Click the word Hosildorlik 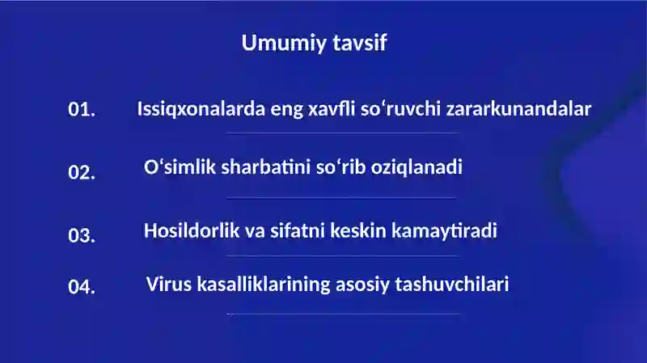pos(192,230)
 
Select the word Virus pos(168,285)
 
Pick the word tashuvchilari pos(450,285)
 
